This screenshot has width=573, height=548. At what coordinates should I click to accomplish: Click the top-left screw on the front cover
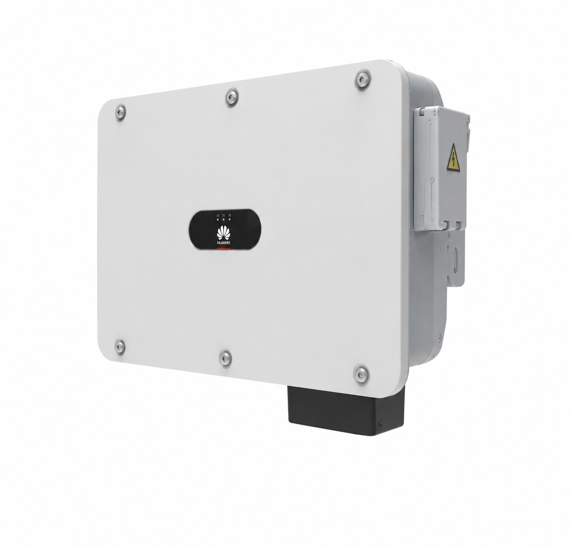coord(121,113)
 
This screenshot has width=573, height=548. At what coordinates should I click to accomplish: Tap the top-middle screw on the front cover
coord(232,97)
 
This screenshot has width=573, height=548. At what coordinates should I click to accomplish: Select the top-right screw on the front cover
coord(363,80)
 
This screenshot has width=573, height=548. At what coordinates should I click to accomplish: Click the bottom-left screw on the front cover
coord(120,347)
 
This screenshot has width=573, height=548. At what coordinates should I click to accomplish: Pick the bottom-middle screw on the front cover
coord(226,358)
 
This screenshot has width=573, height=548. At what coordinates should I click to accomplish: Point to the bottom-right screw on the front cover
coord(362,375)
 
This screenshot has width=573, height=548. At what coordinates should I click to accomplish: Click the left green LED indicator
coord(217,219)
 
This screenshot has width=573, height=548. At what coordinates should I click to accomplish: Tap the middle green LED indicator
coord(224,219)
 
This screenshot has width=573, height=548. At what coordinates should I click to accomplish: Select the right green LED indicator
coord(230,219)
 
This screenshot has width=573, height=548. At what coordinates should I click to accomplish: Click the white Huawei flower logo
coord(224,233)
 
